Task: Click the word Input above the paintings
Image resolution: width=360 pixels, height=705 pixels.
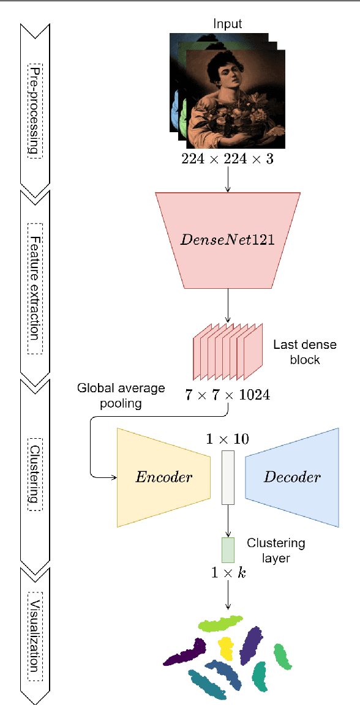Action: pos(228,24)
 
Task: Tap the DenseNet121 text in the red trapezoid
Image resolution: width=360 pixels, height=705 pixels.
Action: pos(228,239)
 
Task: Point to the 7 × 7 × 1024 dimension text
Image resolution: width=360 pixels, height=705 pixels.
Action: pos(228,395)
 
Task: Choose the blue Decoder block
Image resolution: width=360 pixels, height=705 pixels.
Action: pos(293,477)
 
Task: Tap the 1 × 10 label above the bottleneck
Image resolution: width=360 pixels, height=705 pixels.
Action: pos(228,439)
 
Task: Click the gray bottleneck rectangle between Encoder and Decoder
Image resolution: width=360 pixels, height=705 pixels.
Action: pos(228,477)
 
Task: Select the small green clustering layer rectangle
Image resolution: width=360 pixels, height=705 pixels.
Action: pos(228,550)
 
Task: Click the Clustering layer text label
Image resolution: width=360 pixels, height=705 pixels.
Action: pos(276,550)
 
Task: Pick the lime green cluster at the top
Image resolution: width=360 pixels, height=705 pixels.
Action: pos(221,624)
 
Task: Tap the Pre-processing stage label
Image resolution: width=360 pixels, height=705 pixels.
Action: pos(36,110)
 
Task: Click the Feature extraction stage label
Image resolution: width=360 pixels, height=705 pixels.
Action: pos(36,288)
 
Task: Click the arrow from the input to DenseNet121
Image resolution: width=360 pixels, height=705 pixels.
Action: pos(228,179)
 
